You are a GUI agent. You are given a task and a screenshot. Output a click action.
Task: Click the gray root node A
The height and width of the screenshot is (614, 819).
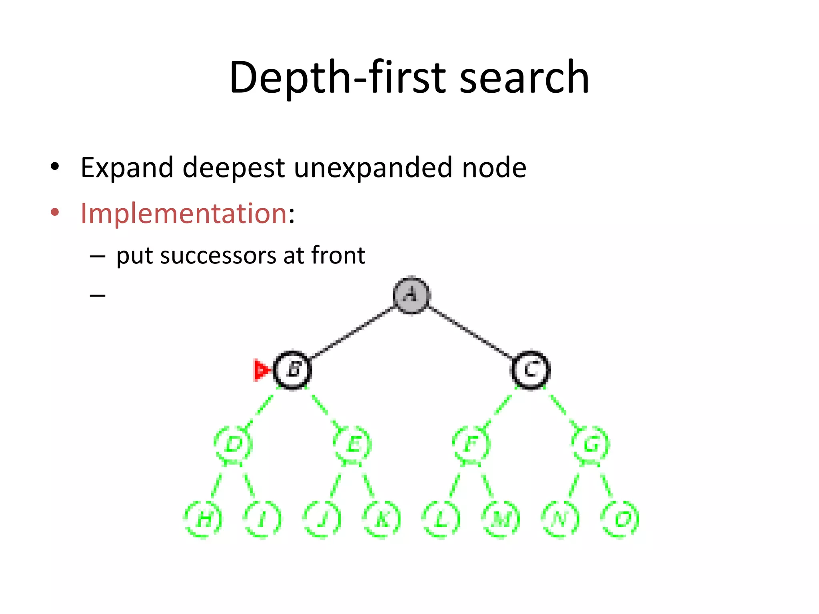[x=411, y=295]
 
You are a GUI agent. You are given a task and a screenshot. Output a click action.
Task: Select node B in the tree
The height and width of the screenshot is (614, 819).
[x=293, y=369]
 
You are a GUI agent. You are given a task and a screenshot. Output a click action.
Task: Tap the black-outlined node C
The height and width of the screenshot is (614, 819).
[x=531, y=369]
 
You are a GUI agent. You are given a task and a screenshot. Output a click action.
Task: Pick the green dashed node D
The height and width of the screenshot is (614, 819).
[x=234, y=444]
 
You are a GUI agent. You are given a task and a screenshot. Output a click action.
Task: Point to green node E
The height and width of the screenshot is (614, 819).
[x=353, y=444]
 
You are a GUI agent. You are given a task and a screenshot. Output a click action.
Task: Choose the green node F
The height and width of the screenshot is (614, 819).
[x=471, y=444]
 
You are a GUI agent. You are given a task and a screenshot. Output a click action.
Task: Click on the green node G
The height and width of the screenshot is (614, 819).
[x=591, y=444]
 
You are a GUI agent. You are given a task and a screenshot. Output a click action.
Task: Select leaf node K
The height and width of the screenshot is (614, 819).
[x=382, y=519]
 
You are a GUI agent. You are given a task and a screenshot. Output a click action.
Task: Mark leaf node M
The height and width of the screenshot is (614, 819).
[x=501, y=519]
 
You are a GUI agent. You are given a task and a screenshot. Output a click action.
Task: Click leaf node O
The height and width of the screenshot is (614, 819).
[x=620, y=519]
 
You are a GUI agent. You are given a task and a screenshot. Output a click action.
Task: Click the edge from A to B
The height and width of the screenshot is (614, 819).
[x=352, y=333]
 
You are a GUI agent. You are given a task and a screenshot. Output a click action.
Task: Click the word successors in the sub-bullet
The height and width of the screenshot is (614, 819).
[x=218, y=255]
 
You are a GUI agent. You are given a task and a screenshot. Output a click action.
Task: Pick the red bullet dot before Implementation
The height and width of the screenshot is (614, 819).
[x=55, y=212]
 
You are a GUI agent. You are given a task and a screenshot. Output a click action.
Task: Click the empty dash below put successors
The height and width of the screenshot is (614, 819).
[x=98, y=295]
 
